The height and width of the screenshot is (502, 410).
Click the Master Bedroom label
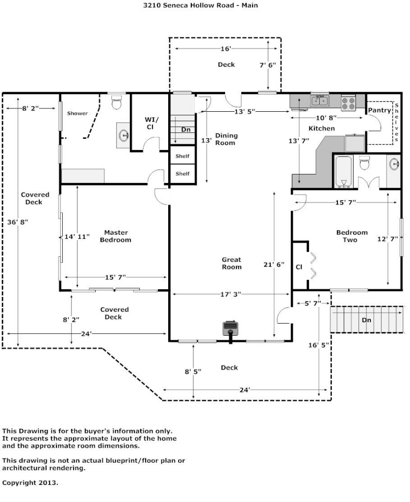click(116, 236)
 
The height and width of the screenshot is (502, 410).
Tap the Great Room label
click(231, 263)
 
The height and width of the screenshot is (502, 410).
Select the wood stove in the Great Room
click(231, 329)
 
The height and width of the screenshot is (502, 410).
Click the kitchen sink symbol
click(320, 101)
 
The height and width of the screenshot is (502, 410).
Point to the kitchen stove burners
click(348, 103)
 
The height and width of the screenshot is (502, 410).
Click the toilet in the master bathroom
click(116, 102)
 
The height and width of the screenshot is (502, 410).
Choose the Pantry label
click(379, 110)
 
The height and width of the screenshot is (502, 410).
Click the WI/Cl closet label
click(151, 123)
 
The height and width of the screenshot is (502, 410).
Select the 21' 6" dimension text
click(274, 265)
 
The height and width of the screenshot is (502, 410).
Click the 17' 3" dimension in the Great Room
click(231, 294)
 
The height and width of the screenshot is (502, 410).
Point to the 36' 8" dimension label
click(18, 222)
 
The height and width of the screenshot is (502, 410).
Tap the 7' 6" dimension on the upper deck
click(267, 65)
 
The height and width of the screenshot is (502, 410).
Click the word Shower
click(77, 113)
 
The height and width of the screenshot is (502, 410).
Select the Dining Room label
click(226, 139)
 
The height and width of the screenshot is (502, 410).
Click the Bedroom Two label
click(352, 236)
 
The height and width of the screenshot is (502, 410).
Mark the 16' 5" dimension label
click(319, 345)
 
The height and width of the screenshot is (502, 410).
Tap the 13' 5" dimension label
click(245, 111)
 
